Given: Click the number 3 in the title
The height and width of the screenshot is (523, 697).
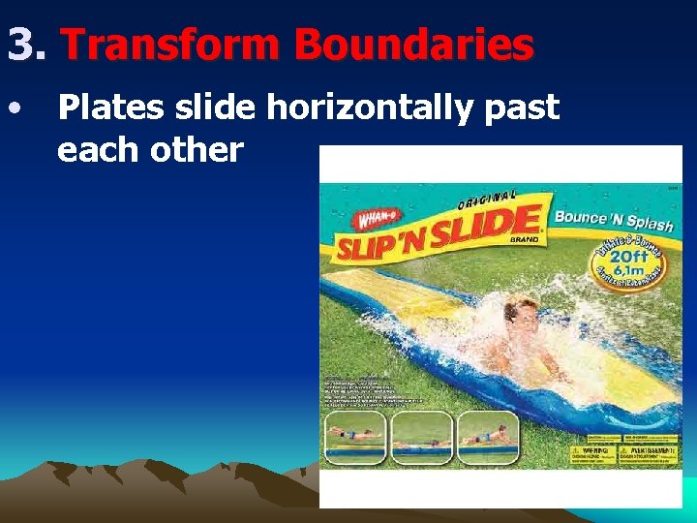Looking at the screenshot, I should (21, 45).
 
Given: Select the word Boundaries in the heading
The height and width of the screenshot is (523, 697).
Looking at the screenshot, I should (413, 45).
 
